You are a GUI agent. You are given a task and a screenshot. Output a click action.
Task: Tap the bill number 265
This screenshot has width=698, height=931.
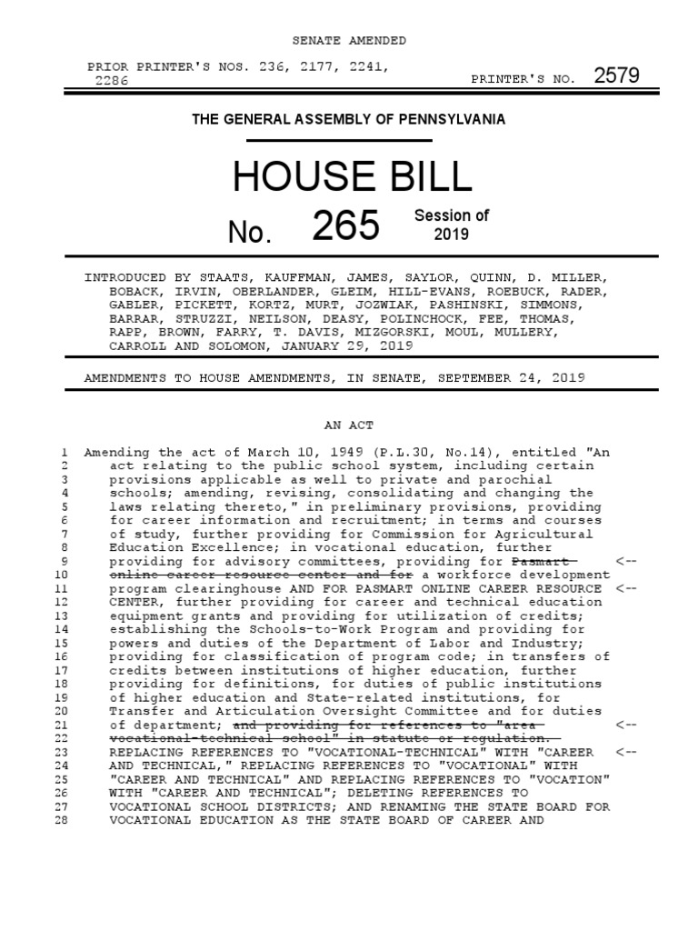tap(345, 225)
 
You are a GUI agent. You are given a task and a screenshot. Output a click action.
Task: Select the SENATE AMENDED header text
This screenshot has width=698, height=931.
tap(349, 41)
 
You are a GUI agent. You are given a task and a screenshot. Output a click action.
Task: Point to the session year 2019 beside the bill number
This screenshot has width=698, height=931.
tap(452, 235)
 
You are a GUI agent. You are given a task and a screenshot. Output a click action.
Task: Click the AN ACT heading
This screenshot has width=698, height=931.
tap(349, 425)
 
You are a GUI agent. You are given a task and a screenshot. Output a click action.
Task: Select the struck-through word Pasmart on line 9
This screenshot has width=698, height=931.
tap(543, 561)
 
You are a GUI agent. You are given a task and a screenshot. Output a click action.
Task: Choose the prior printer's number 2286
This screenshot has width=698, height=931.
tap(112, 80)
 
